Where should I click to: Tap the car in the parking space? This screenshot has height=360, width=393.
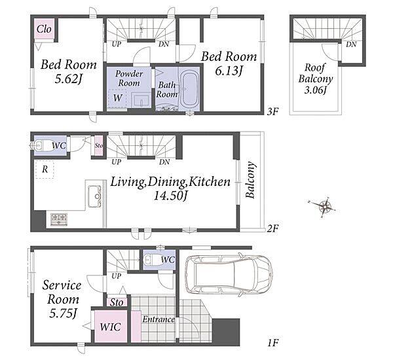[229, 274]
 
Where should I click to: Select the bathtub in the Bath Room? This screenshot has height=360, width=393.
[190, 89]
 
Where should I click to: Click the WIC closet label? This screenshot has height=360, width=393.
[110, 327]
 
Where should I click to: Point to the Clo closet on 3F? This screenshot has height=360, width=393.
[44, 29]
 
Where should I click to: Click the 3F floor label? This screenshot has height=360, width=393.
[272, 112]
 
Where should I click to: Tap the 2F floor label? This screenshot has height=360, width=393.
[272, 228]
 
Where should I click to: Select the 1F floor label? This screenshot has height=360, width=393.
[272, 342]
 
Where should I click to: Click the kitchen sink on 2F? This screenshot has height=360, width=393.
[95, 196]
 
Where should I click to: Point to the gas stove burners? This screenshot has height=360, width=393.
[59, 219]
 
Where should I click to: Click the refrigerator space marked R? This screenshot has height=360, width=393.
[45, 170]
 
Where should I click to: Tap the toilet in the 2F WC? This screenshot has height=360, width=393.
[40, 145]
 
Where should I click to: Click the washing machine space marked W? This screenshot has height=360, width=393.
[117, 98]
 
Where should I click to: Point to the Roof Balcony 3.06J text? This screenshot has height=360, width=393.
[316, 79]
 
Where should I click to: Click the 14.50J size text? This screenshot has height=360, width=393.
[170, 196]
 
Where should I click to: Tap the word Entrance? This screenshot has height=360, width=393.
[159, 319]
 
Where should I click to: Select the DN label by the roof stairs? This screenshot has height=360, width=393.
[351, 45]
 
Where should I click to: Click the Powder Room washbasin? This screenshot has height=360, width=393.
[141, 100]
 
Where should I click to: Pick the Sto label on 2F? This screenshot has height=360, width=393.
[99, 145]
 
